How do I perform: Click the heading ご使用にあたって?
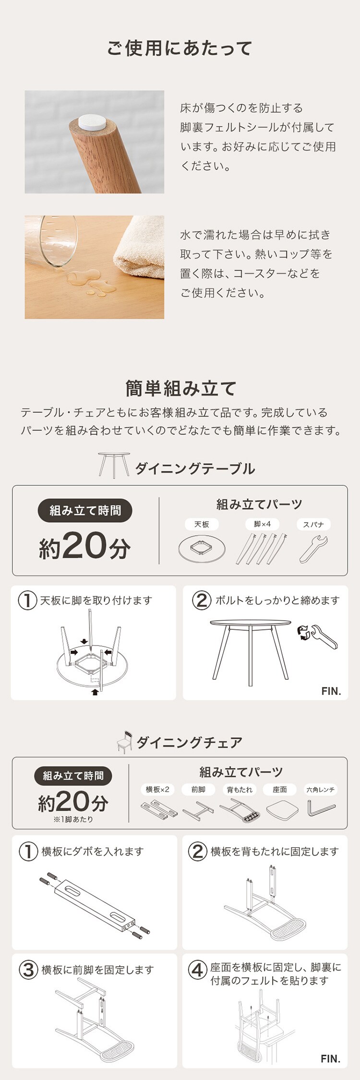[180, 48]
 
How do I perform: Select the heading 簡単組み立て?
[180, 388]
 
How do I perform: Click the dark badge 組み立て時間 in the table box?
[85, 511]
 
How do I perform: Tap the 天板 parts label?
[202, 525]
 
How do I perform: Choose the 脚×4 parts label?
[262, 524]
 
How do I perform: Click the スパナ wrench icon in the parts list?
[314, 549]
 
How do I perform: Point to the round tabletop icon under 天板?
[202, 549]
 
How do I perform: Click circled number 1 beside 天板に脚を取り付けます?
[28, 600]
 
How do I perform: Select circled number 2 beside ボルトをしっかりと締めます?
[202, 600]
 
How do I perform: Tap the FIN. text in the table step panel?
[331, 691]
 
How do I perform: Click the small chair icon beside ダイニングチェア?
[125, 742]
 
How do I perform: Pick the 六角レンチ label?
[321, 790]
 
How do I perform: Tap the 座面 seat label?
[280, 790]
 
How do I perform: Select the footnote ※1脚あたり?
[73, 819]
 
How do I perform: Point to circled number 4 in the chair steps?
[197, 970]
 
